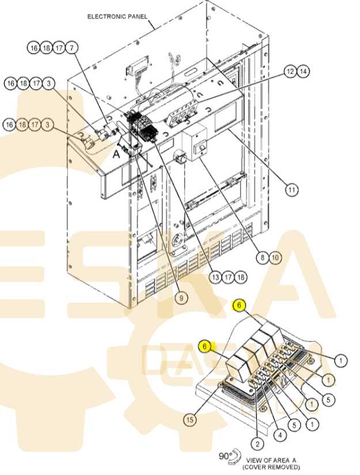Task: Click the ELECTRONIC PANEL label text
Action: (x=117, y=16)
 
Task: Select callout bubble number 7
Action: (x=72, y=48)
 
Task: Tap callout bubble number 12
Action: (x=290, y=71)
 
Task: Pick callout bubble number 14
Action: (x=303, y=71)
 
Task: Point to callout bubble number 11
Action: (x=291, y=190)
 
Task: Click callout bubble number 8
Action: (x=262, y=258)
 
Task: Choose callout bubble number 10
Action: (x=275, y=258)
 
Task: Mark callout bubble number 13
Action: (x=215, y=277)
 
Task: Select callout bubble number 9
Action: (x=181, y=298)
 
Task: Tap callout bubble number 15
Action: (x=190, y=420)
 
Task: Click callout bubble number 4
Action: (x=280, y=435)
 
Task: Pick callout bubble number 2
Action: (x=257, y=444)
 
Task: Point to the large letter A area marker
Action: (x=116, y=154)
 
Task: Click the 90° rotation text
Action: (x=225, y=455)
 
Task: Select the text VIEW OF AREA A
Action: (x=271, y=460)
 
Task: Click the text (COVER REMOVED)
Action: (x=271, y=467)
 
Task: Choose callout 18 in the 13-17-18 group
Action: (x=241, y=277)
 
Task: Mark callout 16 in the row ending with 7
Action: (x=33, y=48)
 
